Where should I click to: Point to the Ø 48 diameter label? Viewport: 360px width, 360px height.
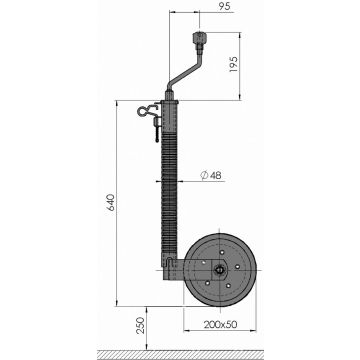tap(211, 177)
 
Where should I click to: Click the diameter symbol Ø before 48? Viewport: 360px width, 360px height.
tap(203, 177)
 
